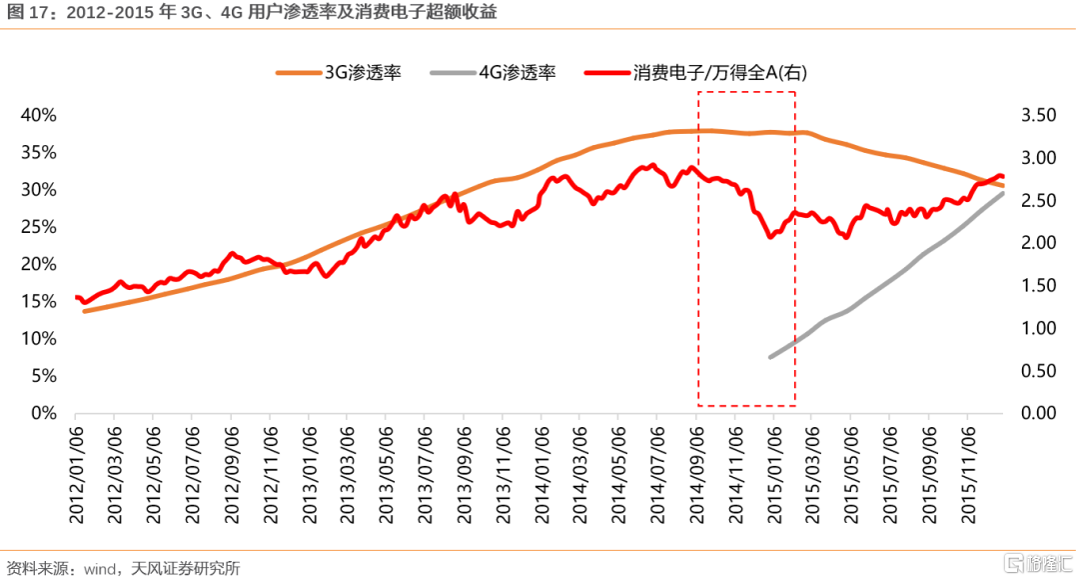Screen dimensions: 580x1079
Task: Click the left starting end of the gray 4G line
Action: coord(769,357)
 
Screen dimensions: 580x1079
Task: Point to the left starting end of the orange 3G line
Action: coord(84,311)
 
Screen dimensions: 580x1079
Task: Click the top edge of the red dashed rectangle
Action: coord(746,92)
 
